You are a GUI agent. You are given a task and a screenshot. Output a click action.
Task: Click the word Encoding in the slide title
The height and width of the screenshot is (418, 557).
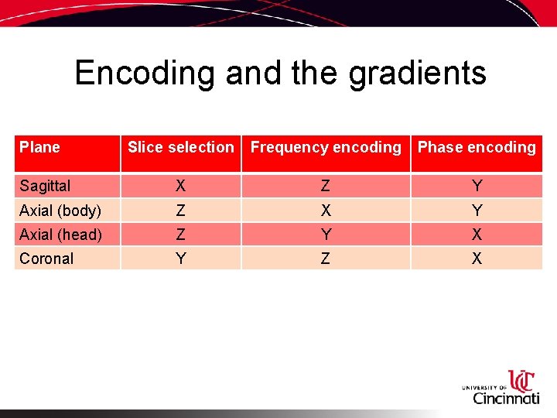tap(145, 74)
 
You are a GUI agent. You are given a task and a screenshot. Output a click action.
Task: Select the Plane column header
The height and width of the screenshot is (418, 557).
tap(39, 147)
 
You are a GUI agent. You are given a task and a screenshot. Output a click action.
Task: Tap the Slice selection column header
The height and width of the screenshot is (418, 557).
tap(180, 147)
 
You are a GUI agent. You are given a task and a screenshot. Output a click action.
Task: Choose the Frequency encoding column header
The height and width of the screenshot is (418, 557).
tap(326, 147)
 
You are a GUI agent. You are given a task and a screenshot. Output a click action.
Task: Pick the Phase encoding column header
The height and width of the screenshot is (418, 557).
tap(477, 147)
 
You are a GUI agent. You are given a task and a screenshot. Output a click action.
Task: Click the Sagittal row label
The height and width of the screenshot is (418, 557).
tap(45, 186)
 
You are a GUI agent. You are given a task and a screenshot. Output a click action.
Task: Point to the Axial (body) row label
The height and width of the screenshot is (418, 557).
tap(60, 211)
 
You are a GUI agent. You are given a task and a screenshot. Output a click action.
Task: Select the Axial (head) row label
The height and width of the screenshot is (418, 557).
tap(60, 235)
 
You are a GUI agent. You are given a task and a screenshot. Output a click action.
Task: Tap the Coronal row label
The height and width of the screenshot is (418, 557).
tap(46, 259)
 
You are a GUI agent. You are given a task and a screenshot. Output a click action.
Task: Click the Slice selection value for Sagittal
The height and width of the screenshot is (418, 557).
tap(180, 186)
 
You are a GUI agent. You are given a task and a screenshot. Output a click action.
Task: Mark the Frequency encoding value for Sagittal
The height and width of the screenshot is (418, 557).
tap(325, 186)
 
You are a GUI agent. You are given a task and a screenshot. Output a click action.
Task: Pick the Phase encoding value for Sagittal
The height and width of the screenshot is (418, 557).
tap(477, 186)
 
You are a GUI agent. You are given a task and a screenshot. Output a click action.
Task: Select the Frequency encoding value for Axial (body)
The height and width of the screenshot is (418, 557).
tap(325, 211)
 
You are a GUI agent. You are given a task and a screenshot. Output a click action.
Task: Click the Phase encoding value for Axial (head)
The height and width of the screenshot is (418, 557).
tap(477, 235)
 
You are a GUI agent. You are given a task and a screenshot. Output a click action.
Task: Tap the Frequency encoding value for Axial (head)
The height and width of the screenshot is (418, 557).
tap(325, 235)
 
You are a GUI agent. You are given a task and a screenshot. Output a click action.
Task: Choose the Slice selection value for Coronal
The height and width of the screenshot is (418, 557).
tap(180, 259)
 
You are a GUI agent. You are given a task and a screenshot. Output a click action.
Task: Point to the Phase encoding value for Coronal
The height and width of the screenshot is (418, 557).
tap(477, 259)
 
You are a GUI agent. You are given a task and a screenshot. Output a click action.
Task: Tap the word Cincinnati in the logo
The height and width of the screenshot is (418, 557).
tap(506, 398)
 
